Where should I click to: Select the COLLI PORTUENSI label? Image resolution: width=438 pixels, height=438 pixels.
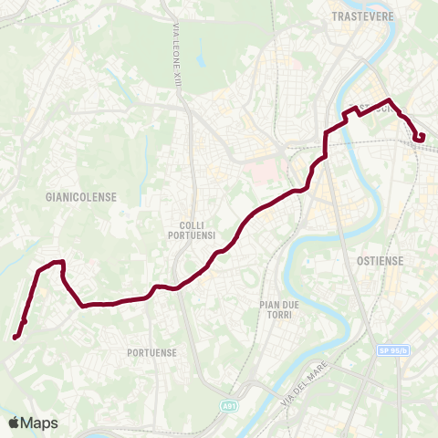(x=195, y=229)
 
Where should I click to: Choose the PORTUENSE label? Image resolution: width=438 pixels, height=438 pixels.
(x=152, y=351)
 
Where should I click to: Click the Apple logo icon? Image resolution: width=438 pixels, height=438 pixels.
(x=14, y=422)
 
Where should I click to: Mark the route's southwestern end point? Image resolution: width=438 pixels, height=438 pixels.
(x=16, y=338)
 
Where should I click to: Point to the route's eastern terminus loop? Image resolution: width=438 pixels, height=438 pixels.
(x=419, y=137)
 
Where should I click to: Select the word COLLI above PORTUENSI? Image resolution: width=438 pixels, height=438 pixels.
(x=195, y=224)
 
